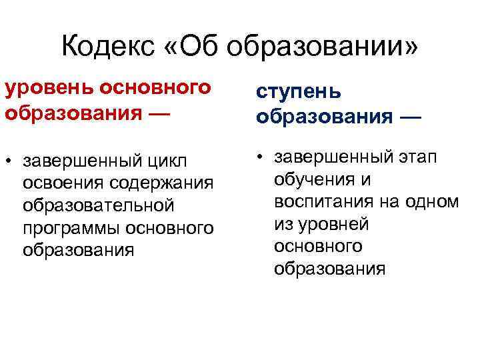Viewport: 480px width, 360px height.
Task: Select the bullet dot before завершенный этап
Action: click(x=259, y=157)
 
